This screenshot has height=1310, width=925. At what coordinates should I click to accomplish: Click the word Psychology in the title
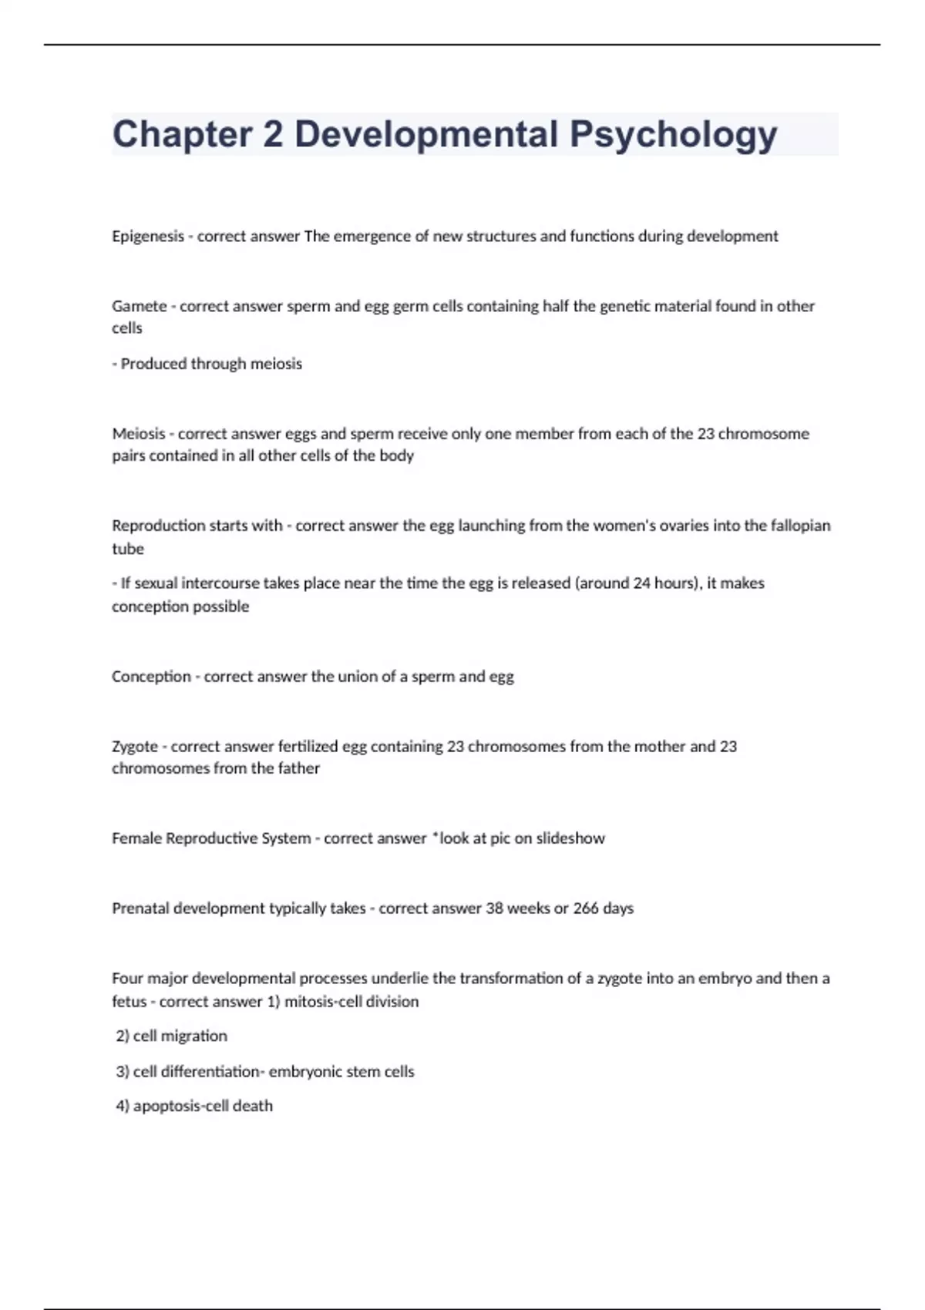click(673, 135)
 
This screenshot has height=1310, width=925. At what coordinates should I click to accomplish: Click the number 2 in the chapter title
click(272, 135)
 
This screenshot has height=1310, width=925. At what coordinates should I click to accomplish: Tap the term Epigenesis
click(147, 237)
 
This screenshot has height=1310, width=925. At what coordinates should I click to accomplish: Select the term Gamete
click(139, 306)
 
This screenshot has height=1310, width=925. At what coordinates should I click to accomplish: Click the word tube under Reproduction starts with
click(128, 549)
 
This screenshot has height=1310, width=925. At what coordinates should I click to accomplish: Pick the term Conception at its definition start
click(151, 677)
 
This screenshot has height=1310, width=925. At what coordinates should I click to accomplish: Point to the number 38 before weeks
click(493, 909)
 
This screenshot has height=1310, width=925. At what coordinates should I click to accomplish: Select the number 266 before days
click(586, 909)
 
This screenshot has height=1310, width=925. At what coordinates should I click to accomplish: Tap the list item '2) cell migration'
click(171, 1036)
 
